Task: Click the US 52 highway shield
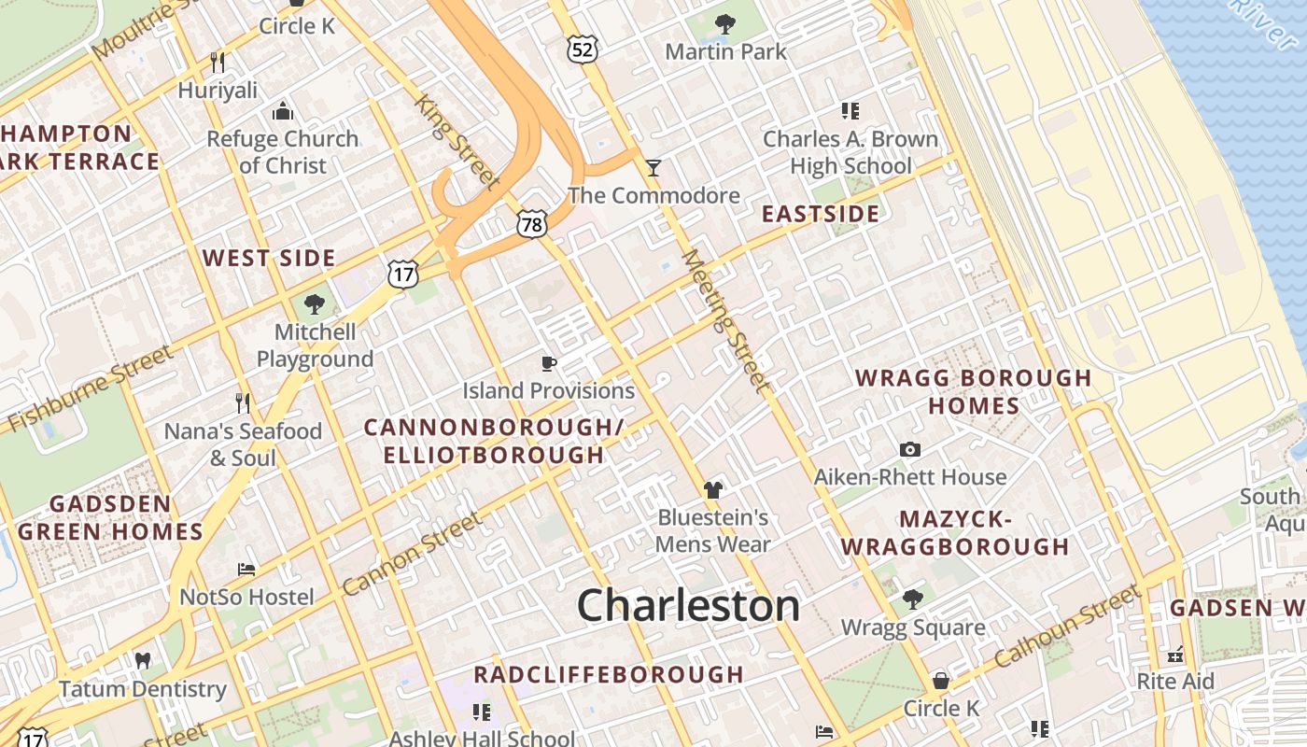click(x=582, y=49)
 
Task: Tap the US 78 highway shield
click(x=532, y=223)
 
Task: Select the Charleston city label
click(x=688, y=605)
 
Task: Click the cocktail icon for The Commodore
click(x=653, y=168)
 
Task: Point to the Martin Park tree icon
click(x=724, y=24)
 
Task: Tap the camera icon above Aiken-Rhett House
click(x=910, y=450)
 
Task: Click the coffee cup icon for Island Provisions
click(x=549, y=363)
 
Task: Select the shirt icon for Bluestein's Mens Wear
click(x=713, y=489)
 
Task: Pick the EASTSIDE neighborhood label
click(x=821, y=214)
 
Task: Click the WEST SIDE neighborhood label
click(x=269, y=258)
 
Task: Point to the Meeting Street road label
click(x=727, y=320)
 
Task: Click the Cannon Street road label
click(x=412, y=555)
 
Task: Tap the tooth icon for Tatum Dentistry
click(x=143, y=661)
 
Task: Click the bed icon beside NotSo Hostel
click(x=246, y=569)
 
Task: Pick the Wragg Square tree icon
click(x=913, y=599)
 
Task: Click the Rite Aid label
click(x=1175, y=682)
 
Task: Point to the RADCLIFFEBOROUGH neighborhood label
click(x=609, y=674)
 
